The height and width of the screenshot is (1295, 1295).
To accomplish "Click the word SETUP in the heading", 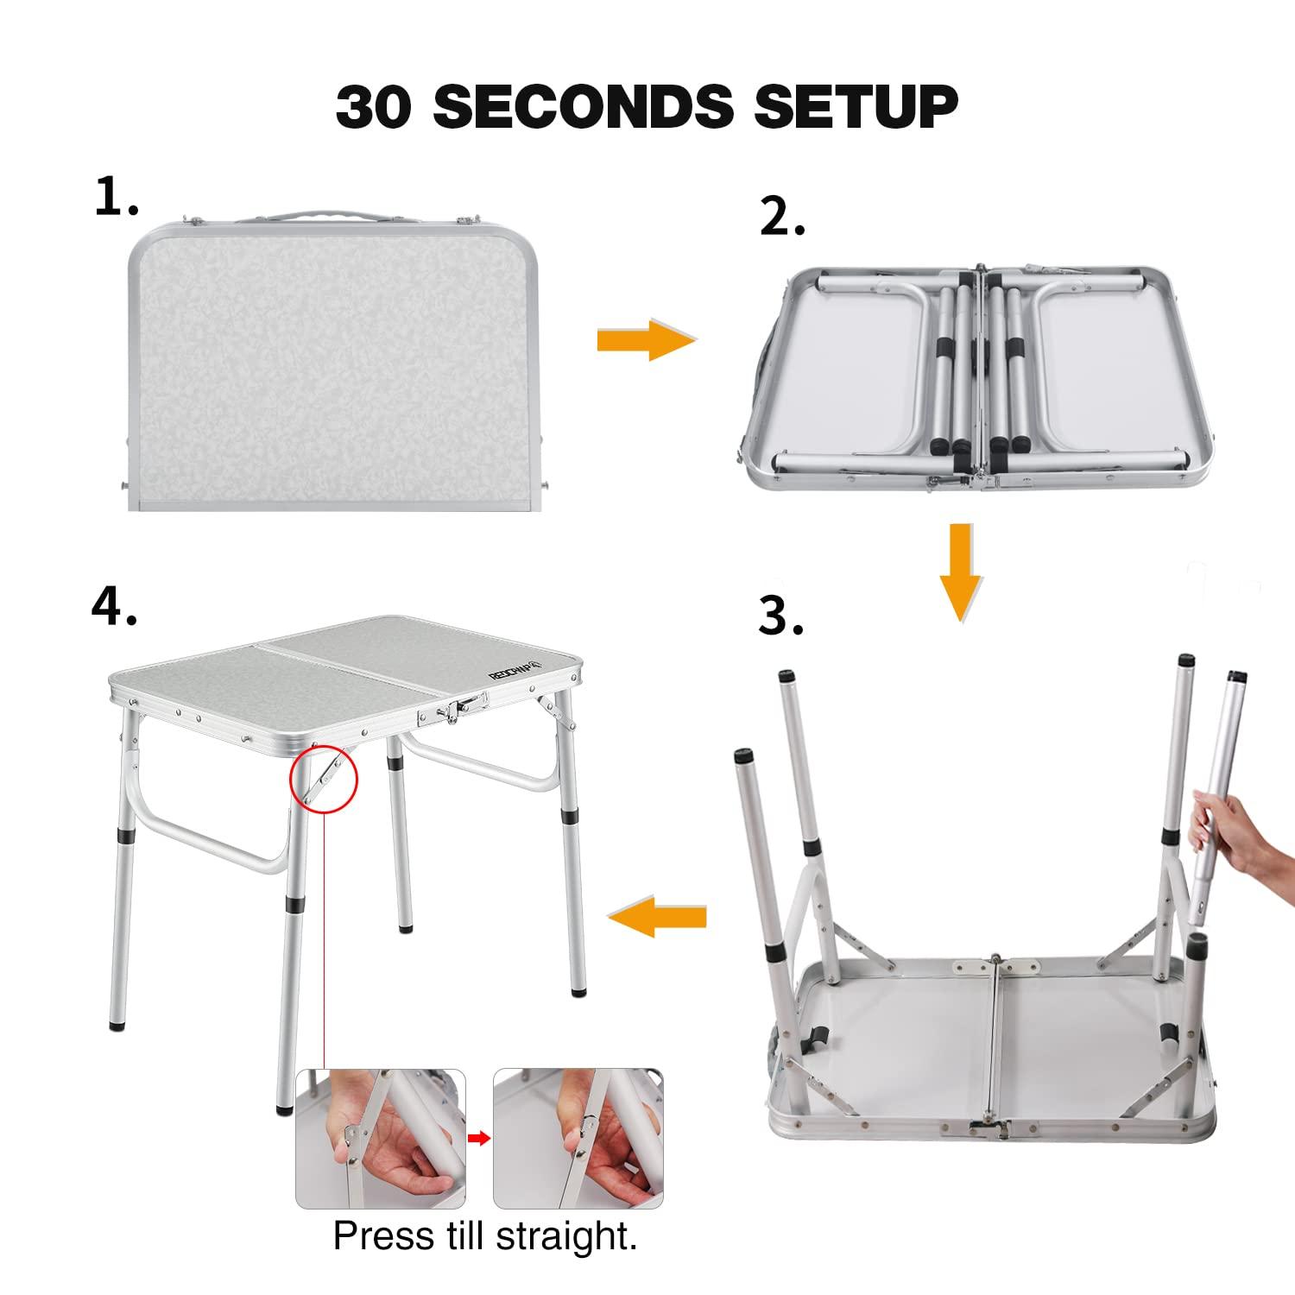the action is pos(856,107).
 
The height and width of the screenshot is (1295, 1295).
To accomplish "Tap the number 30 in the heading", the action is pos(373,107).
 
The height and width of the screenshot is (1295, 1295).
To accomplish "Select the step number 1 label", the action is pos(116,197).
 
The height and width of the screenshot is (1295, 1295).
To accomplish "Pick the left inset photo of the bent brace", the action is pos(381,1139).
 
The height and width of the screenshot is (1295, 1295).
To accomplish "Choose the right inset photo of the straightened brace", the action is pos(578,1139).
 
